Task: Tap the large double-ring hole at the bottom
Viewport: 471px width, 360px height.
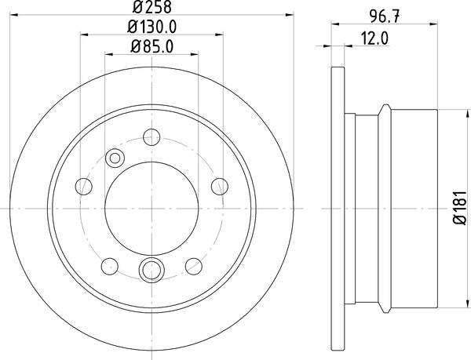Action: pos(148,271)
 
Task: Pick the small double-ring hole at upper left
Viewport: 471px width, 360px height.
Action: pos(115,158)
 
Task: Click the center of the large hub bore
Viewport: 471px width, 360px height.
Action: pos(148,207)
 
